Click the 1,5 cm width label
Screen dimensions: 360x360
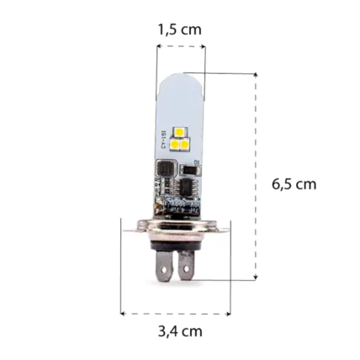(179, 29)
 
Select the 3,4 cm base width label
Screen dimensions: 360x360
(180, 331)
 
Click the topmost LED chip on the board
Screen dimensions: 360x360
(180, 130)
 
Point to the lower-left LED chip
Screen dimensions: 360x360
(174, 144)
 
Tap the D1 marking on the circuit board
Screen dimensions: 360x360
(196, 159)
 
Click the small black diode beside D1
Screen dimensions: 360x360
(190, 172)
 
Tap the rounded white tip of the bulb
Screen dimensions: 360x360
(179, 80)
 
